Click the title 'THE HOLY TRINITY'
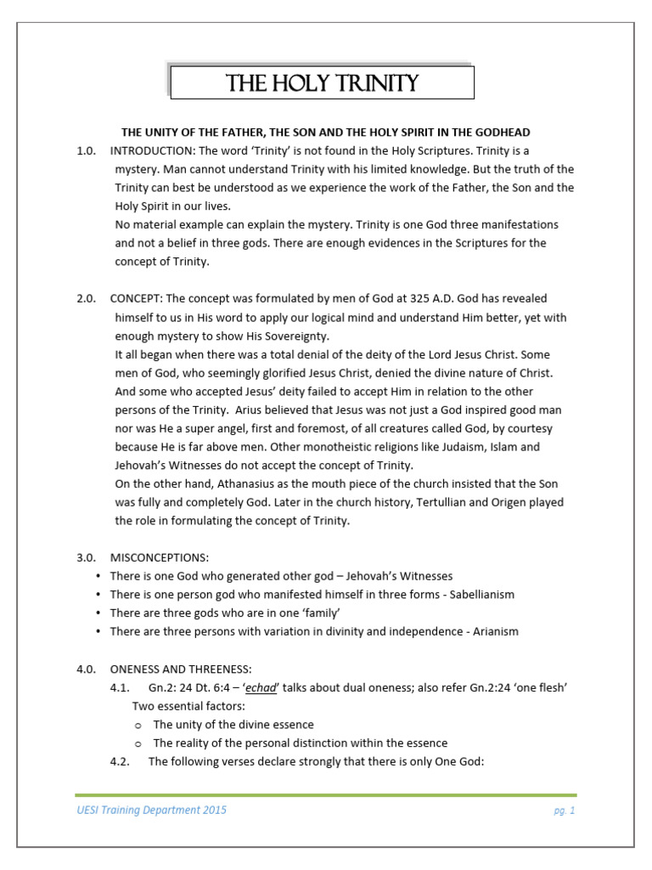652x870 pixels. point(322,82)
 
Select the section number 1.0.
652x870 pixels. point(86,150)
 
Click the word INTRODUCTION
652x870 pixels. point(151,150)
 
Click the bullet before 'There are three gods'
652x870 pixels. point(100,613)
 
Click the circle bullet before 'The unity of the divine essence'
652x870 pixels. point(138,725)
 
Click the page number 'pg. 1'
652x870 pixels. point(564,811)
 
